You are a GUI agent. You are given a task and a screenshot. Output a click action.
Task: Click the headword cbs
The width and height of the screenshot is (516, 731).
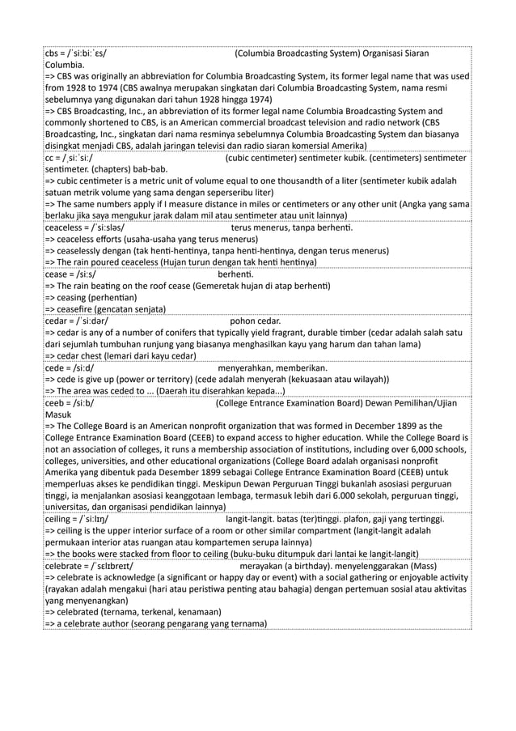click(53, 54)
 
